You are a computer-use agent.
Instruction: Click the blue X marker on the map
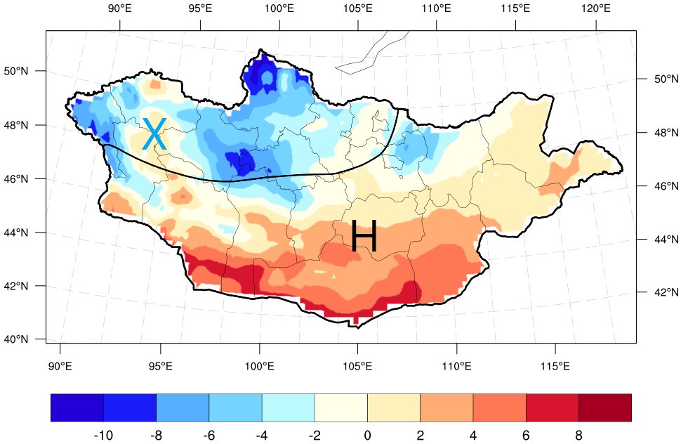click(154, 134)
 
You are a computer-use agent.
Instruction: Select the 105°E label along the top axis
click(359, 9)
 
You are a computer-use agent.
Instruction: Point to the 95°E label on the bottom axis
click(161, 367)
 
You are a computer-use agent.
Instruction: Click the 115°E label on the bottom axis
click(555, 367)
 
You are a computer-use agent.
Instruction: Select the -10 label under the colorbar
click(103, 436)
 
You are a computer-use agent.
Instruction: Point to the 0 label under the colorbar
click(367, 436)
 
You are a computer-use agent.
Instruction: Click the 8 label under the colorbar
click(578, 436)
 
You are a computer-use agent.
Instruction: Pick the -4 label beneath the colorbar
click(262, 436)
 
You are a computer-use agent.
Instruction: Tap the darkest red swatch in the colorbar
click(605, 407)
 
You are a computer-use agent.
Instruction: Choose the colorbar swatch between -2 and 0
click(341, 407)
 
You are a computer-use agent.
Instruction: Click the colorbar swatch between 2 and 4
click(447, 407)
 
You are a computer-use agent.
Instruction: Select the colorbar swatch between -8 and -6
click(183, 407)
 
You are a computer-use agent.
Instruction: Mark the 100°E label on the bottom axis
click(260, 367)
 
